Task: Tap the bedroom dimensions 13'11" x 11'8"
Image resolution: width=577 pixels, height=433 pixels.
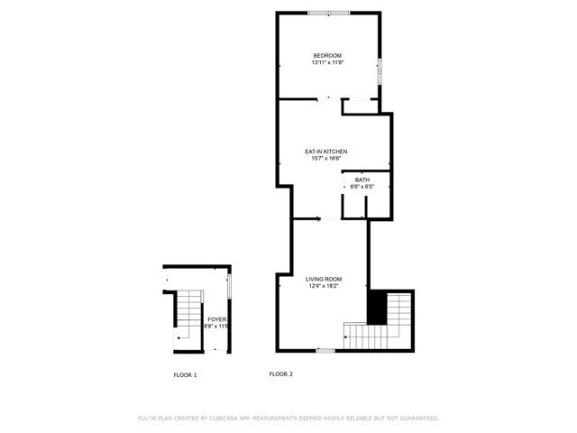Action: (327, 63)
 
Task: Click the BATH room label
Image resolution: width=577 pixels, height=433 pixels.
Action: (362, 180)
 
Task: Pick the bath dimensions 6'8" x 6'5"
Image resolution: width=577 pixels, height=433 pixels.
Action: (362, 187)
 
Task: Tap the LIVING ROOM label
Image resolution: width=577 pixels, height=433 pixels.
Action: (324, 279)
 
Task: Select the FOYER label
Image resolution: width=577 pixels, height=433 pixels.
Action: (216, 319)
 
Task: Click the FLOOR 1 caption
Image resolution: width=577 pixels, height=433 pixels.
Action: (185, 374)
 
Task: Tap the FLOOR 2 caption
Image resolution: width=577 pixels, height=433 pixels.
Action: (281, 374)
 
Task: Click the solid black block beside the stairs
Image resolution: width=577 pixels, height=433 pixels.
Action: (376, 307)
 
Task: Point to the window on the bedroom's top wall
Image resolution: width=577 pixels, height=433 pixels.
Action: (328, 13)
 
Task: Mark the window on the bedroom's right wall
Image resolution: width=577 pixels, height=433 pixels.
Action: (380, 70)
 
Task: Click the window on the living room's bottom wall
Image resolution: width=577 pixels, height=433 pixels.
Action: (326, 350)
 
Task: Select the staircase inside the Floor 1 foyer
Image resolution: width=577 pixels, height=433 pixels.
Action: (187, 318)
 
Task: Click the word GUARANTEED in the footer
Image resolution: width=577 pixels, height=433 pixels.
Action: (418, 419)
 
